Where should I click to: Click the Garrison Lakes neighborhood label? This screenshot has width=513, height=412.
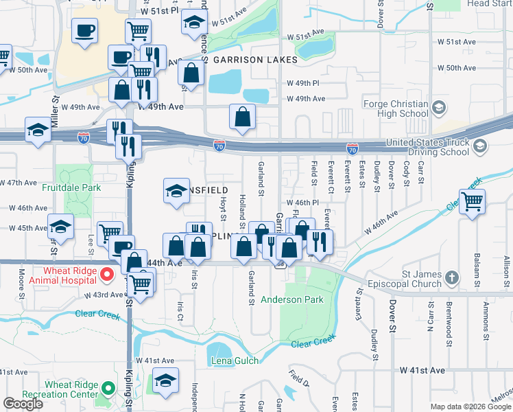click(255, 60)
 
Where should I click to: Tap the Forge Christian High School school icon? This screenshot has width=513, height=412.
click(438, 108)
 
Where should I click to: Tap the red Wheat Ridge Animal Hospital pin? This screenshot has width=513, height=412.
click(106, 275)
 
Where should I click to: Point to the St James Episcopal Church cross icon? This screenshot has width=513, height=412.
click(451, 278)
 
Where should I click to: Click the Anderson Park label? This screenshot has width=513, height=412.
click(291, 299)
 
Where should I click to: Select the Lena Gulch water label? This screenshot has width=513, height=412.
click(235, 361)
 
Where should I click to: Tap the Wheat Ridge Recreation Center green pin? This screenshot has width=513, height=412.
click(106, 389)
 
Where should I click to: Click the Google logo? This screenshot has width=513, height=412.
click(23, 404)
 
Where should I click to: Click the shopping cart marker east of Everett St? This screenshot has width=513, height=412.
click(472, 202)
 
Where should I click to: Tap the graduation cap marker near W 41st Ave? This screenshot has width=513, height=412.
click(165, 380)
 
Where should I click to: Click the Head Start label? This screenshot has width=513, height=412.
click(489, 3)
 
